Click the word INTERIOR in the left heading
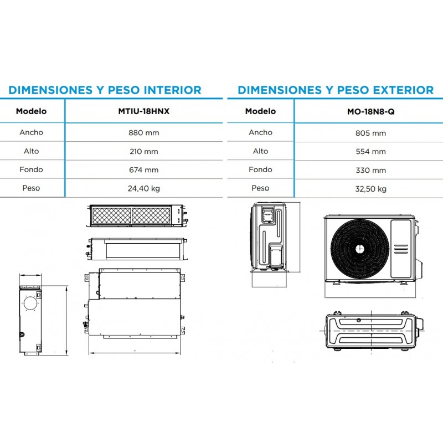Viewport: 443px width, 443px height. click(173, 90)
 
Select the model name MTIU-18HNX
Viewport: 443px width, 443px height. click(144, 111)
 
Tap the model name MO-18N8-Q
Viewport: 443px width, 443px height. click(370, 112)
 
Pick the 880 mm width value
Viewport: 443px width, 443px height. click(144, 133)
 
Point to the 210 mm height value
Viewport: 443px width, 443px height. click(144, 151)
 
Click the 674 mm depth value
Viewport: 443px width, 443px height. click(144, 170)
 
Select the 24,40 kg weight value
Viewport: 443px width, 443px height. click(144, 188)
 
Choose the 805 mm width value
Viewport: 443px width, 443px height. click(370, 133)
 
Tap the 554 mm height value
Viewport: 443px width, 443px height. click(370, 152)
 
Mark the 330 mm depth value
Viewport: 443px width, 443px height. click(370, 171)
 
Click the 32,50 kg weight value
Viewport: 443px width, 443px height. click(370, 189)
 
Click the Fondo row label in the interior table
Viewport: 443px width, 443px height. click(32, 169)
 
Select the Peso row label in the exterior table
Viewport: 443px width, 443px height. click(260, 188)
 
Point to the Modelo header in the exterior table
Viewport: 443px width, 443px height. click(260, 111)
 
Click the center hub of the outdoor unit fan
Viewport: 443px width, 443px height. click(359, 249)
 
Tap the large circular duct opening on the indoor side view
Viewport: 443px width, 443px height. click(30, 303)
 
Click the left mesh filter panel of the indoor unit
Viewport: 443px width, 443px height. click(112, 216)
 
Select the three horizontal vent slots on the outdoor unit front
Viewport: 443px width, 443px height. click(401, 249)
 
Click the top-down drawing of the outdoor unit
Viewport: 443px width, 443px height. click(372, 331)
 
